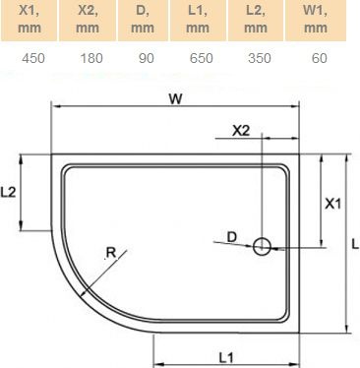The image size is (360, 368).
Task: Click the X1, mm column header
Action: (29, 19)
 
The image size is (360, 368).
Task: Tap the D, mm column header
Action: (145, 19)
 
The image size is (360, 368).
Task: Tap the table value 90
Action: (145, 57)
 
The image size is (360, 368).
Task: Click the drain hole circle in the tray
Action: (263, 247)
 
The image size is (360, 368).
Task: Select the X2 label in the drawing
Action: (240, 131)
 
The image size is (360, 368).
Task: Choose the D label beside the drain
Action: (231, 236)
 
